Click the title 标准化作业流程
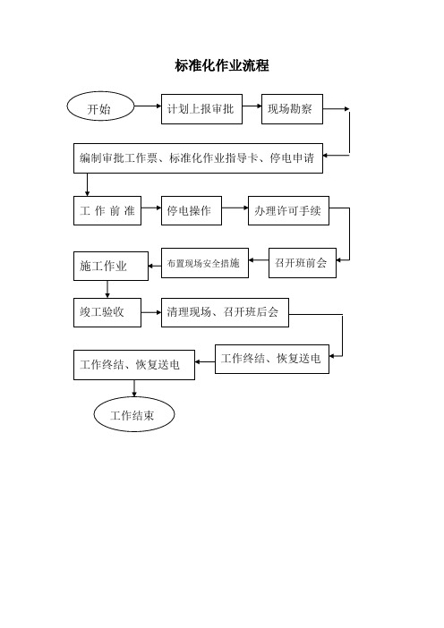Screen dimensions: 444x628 [x=222, y=65]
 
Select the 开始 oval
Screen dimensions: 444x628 [x=100, y=106]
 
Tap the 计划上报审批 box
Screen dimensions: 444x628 [x=201, y=109]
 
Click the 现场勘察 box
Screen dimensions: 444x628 [x=292, y=109]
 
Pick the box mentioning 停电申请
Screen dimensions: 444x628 [x=198, y=158]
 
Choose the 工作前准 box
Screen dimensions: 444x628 [x=107, y=210]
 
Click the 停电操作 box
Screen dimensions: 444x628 [x=192, y=210]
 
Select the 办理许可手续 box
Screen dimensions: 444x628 [x=288, y=210]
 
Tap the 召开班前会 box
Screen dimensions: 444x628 [x=303, y=263]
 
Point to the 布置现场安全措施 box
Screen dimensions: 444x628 [x=205, y=263]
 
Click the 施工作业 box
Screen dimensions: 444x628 [x=111, y=266]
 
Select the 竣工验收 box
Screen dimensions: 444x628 [x=107, y=312]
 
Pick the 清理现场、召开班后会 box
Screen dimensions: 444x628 [x=225, y=312]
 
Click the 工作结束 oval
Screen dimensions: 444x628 [x=134, y=414]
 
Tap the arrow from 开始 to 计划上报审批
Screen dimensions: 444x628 [x=148, y=106]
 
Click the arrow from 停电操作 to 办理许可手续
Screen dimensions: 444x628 [x=235, y=208]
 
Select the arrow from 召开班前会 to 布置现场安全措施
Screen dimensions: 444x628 [x=259, y=260]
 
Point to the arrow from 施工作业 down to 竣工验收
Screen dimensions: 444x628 [x=107, y=290]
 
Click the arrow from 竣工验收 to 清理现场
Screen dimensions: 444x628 [x=151, y=312]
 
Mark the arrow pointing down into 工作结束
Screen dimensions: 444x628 [x=134, y=388]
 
